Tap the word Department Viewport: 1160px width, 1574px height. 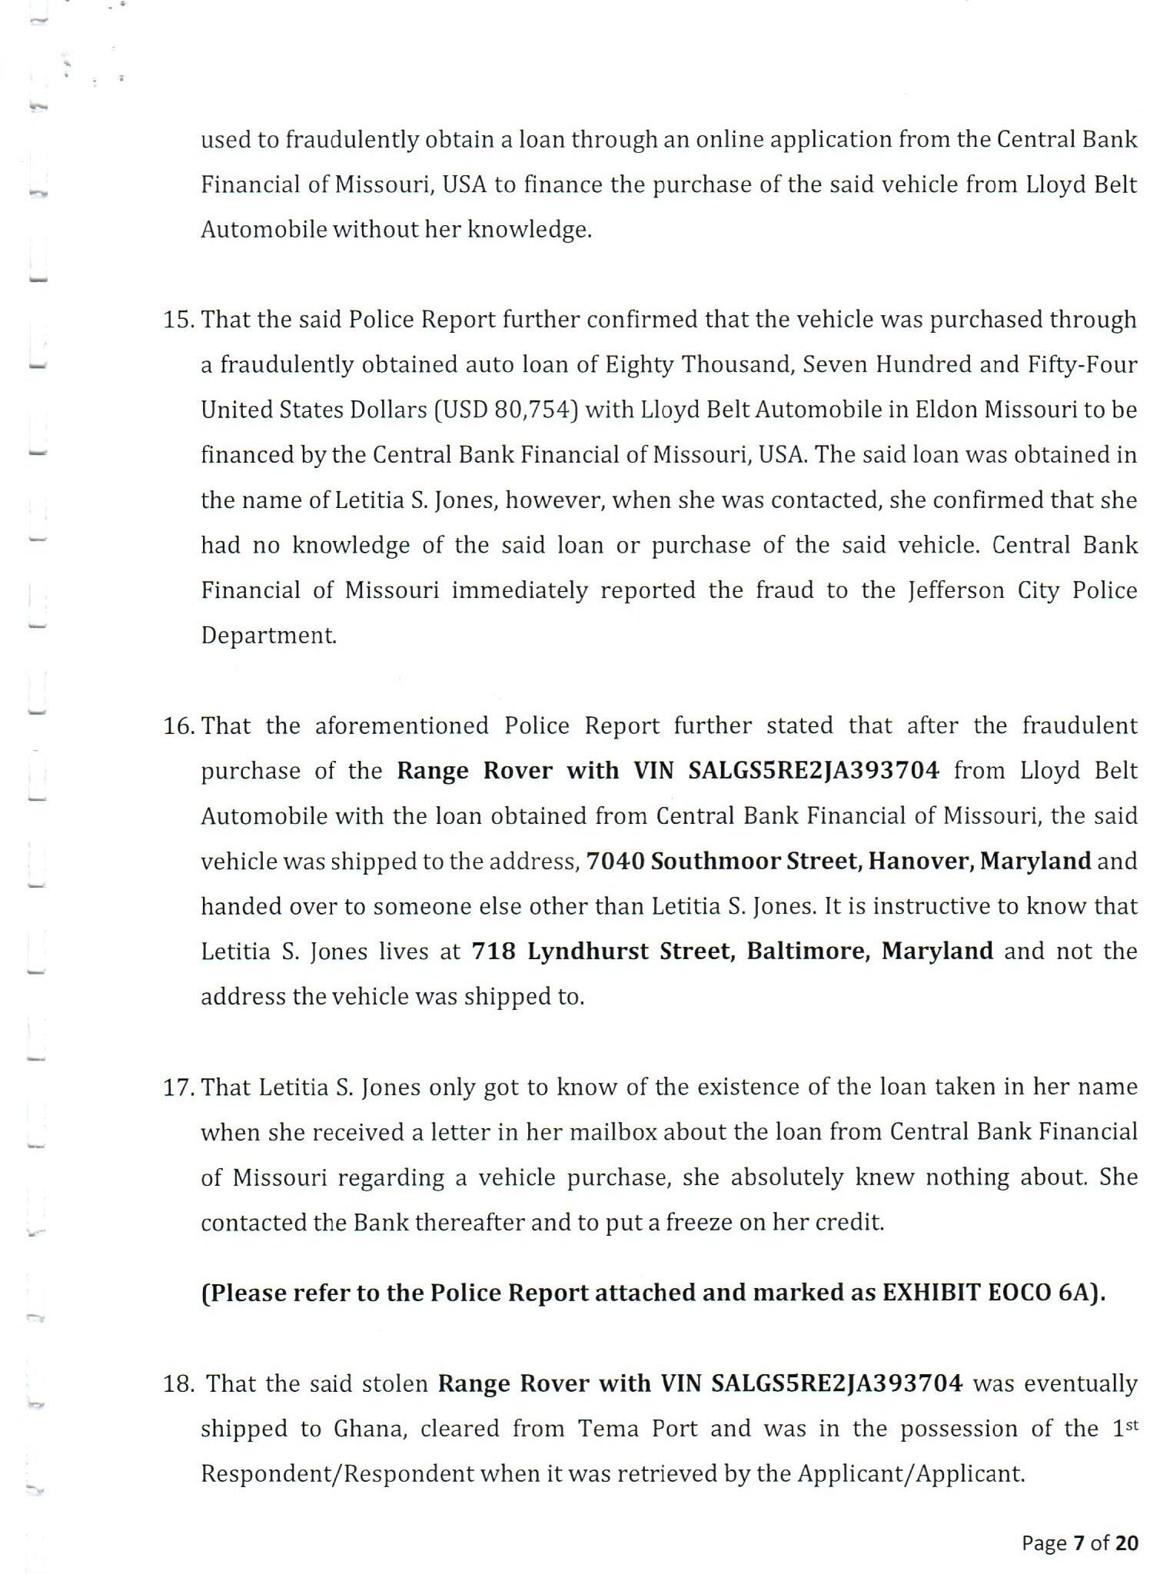(x=268, y=636)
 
